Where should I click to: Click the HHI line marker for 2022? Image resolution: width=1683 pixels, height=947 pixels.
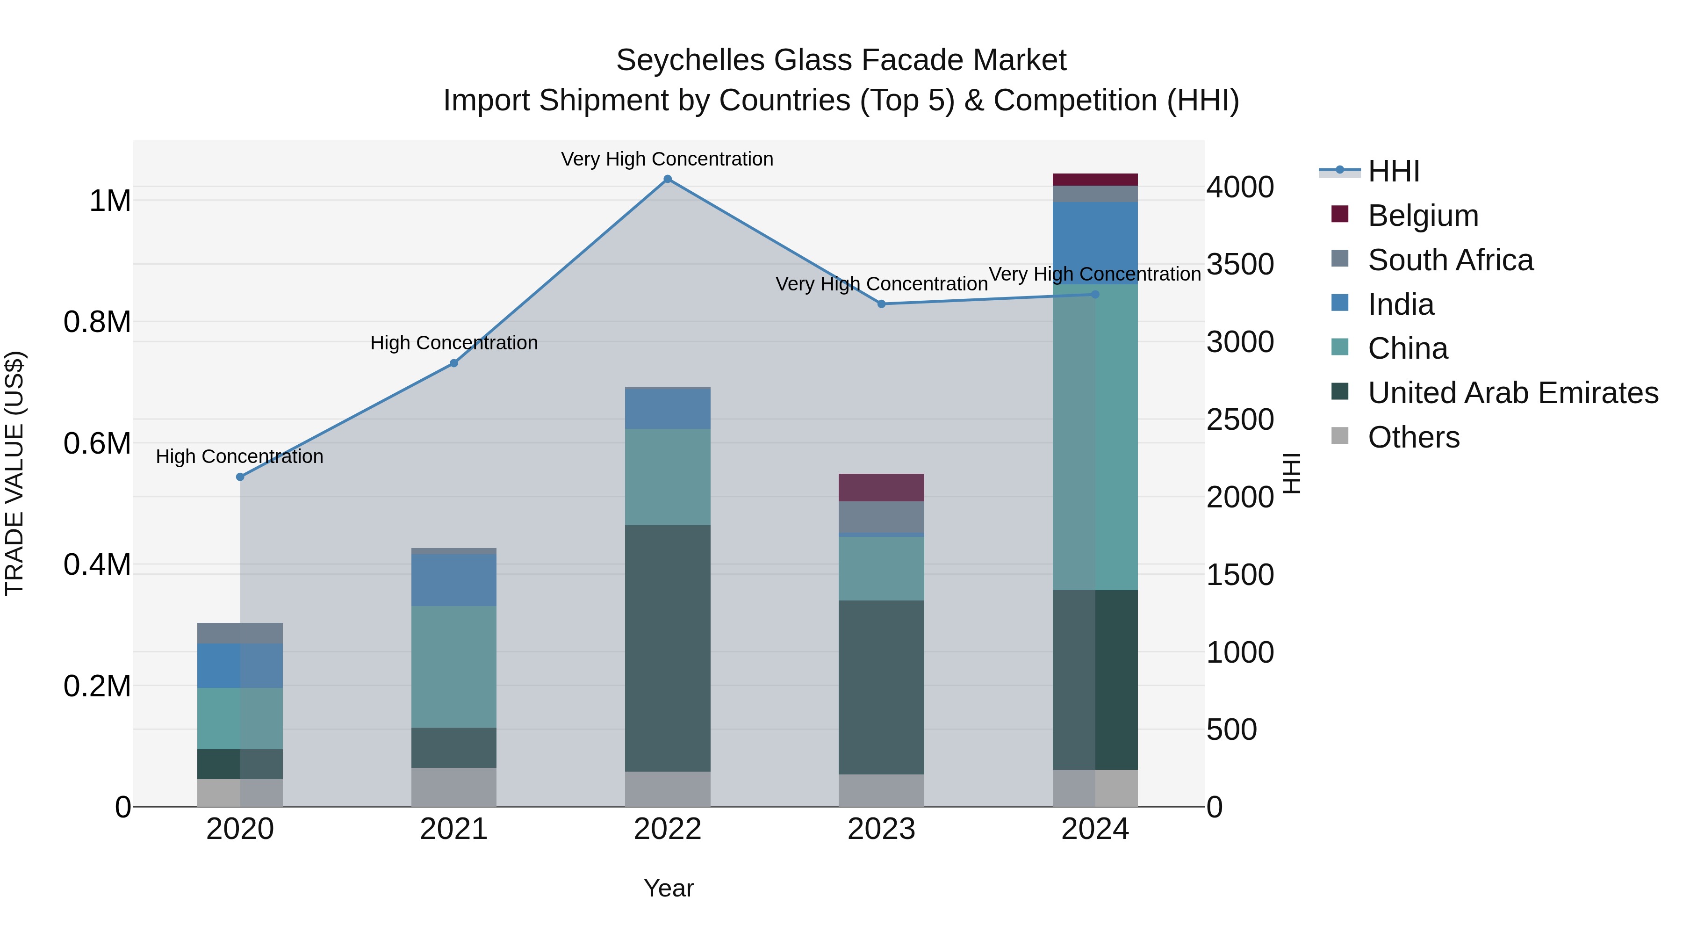pos(667,179)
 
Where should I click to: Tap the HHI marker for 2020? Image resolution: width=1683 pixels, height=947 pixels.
pos(240,477)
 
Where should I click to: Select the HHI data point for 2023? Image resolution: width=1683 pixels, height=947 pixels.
pos(881,304)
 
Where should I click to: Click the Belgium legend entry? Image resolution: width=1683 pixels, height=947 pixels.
pos(1422,216)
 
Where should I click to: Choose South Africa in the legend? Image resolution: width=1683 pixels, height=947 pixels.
pos(1450,260)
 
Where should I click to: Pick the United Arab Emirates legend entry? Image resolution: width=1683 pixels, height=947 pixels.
pos(1512,393)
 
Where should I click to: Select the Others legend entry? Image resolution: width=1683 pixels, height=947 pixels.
pos(1413,437)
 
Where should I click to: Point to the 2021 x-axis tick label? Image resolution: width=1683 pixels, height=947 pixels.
pos(453,829)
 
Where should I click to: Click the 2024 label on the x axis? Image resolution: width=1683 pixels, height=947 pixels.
pos(1095,829)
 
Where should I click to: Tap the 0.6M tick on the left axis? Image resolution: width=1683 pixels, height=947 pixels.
pos(97,444)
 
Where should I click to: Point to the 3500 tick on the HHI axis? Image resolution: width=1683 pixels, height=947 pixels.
pos(1239,265)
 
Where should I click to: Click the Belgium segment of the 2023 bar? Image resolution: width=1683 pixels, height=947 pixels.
pos(881,488)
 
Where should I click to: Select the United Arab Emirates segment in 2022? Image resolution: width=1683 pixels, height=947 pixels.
pos(667,648)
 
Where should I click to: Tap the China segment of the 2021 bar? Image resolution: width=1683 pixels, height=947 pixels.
pos(453,666)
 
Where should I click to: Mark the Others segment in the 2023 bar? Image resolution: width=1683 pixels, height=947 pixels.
pos(881,790)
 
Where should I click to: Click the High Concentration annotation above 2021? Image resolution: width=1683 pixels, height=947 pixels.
pos(454,343)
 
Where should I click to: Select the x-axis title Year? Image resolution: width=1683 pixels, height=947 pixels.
pos(669,888)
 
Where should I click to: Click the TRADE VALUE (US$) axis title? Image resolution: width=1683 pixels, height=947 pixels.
pos(15,473)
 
